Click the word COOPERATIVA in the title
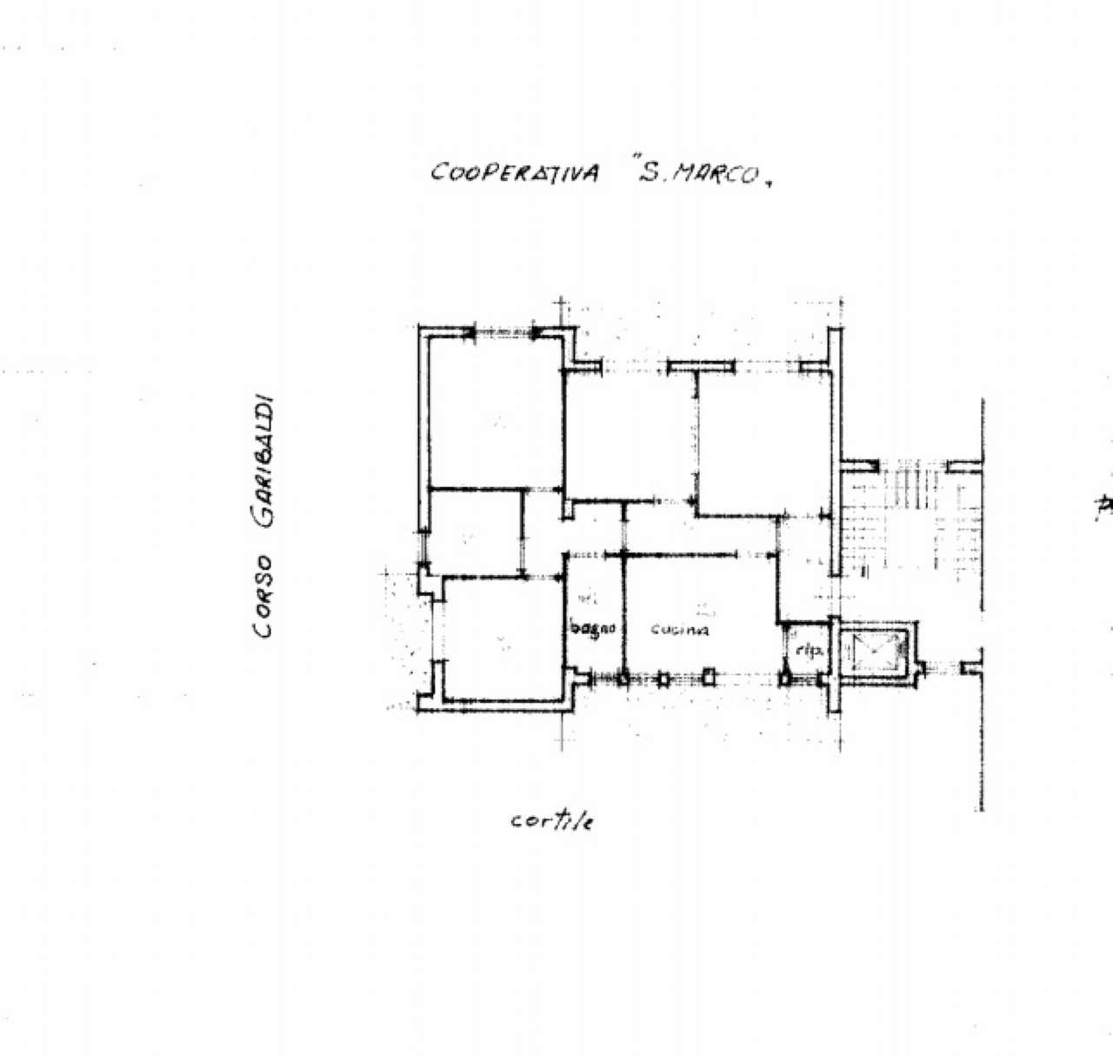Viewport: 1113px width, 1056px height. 515,172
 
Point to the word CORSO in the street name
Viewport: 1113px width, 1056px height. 263,596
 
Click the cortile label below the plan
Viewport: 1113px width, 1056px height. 552,821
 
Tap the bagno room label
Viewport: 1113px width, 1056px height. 594,628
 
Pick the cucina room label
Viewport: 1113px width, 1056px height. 680,630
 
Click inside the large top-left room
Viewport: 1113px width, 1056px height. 497,413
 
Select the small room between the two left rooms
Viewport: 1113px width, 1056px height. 475,532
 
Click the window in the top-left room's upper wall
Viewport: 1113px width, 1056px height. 504,331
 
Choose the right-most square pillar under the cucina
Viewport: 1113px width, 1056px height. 710,676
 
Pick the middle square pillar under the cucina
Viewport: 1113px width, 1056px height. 665,678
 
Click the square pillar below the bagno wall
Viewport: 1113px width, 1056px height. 623,678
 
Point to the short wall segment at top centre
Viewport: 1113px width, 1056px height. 701,366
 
